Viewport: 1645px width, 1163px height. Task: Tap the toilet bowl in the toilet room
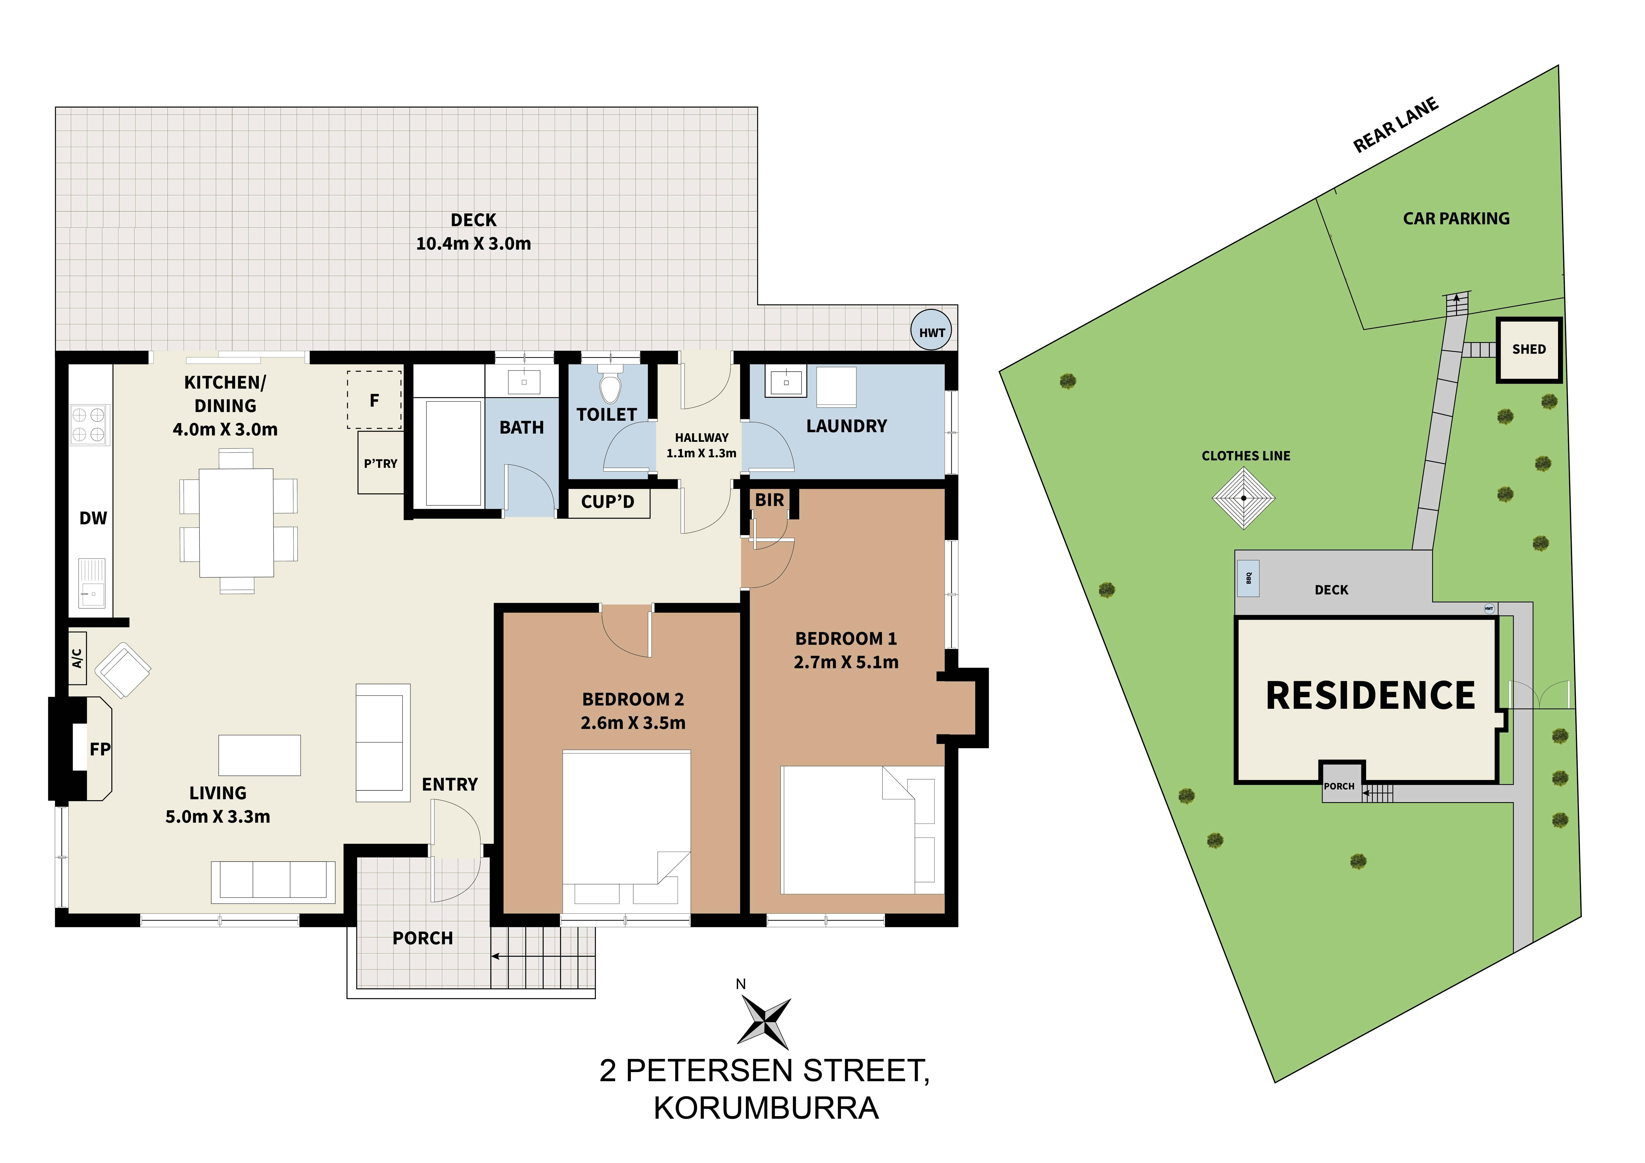(610, 387)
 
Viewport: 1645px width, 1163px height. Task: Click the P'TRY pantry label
(380, 463)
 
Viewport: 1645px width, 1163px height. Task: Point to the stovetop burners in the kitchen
(89, 424)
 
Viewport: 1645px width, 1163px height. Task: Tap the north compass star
(765, 1023)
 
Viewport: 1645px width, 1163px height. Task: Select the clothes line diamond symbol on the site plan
(1244, 498)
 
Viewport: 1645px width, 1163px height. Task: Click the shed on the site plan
(1528, 349)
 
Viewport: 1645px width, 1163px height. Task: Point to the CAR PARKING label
(1456, 218)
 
